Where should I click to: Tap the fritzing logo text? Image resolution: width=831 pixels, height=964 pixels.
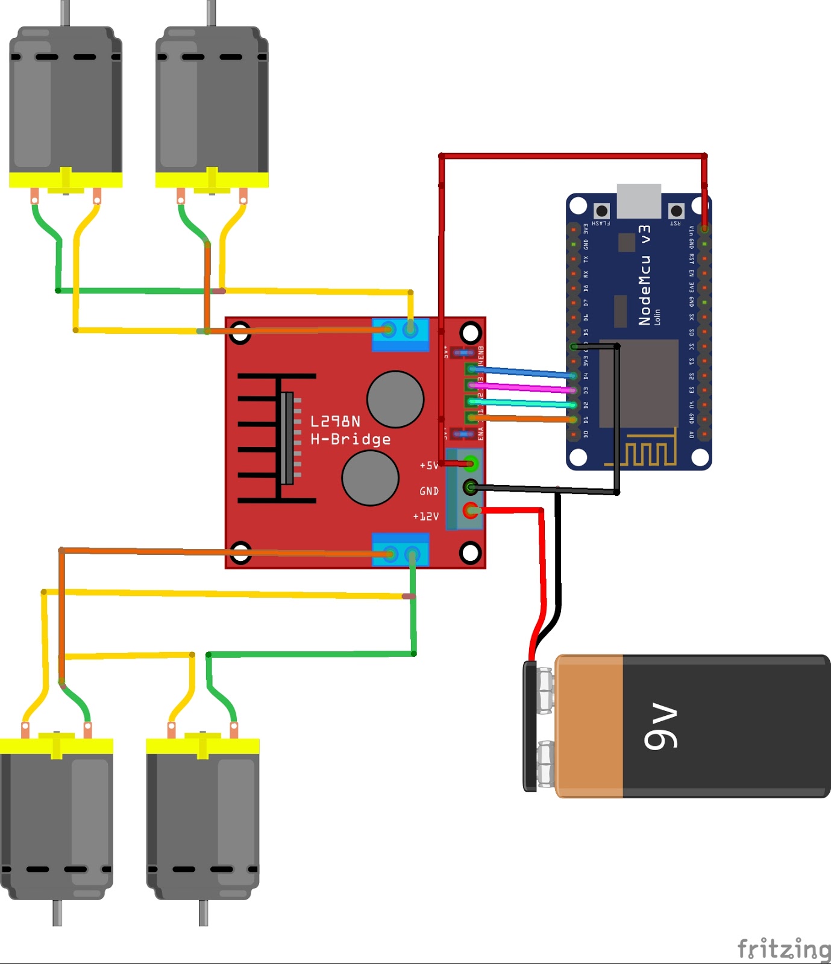tap(783, 949)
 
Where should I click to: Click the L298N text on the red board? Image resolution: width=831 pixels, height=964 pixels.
tap(335, 421)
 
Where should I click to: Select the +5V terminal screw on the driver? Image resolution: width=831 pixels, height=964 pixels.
tap(471, 463)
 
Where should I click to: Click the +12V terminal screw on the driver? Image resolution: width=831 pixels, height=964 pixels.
tap(471, 511)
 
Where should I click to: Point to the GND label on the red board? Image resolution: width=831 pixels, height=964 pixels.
tap(429, 491)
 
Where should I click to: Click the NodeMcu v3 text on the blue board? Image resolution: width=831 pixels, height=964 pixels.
tap(644, 275)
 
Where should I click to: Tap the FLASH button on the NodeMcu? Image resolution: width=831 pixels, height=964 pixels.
tap(601, 210)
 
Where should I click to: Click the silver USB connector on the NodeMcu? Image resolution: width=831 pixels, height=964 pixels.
tap(639, 201)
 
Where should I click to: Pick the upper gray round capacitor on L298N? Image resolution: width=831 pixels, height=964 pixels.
tap(395, 399)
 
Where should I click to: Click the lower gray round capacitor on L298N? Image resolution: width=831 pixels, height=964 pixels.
tap(370, 478)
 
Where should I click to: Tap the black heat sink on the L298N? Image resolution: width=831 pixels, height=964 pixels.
tap(277, 438)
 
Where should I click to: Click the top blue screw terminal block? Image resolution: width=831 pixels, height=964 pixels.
tap(400, 335)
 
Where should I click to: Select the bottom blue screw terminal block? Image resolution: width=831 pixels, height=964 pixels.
tap(400, 549)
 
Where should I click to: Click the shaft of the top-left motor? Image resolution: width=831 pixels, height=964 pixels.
tap(64, 13)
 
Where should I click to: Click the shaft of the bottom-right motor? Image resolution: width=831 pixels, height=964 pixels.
tap(203, 913)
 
